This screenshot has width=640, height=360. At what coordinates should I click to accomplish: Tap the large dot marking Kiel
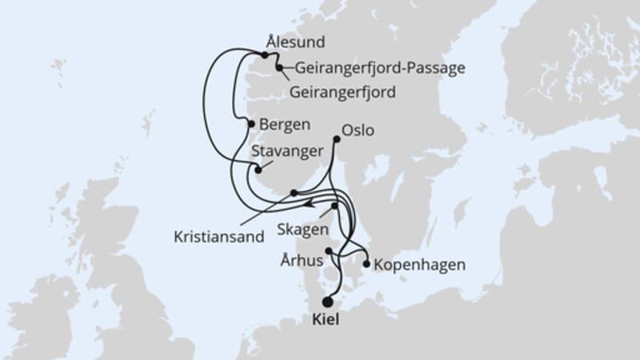327,302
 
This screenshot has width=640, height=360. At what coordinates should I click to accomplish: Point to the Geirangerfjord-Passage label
380,68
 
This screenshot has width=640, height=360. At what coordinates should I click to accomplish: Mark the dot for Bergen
251,124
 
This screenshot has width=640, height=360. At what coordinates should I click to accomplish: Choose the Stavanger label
287,150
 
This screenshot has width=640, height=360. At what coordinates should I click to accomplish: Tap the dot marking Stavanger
258,168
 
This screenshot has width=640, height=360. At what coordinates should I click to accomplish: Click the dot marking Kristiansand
294,193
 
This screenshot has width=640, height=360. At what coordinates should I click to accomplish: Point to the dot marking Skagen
334,206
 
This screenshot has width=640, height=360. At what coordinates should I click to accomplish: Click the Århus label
302,260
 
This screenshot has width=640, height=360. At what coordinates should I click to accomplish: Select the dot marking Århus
328,250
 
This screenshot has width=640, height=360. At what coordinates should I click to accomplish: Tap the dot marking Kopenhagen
366,263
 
